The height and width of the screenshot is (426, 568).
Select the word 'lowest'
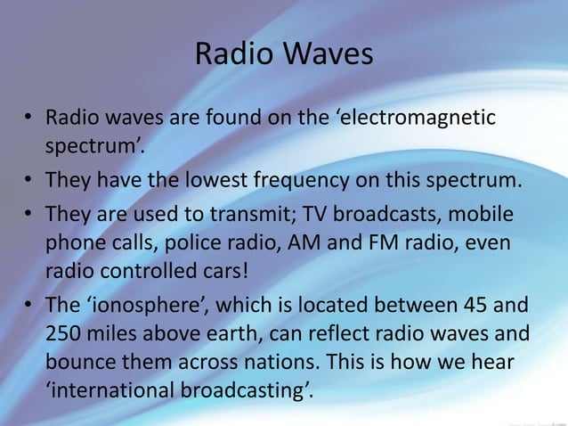(220, 180)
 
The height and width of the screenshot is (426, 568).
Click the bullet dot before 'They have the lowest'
(28, 181)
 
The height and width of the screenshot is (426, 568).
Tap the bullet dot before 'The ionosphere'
(28, 306)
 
